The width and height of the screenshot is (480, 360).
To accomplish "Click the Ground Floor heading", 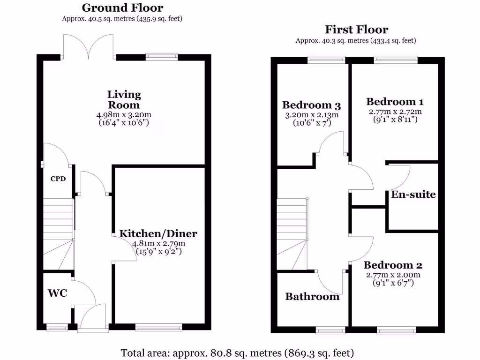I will [122, 8].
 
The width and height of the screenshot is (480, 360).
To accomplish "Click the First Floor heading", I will [356, 30].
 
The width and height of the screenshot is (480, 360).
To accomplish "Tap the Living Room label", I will [124, 99].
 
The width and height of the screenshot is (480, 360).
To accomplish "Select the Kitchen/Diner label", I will [158, 233].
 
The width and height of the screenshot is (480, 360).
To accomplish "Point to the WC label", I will [57, 293].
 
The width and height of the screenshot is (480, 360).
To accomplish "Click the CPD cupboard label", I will [58, 179].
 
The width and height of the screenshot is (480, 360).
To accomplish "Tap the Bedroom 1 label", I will [391, 102].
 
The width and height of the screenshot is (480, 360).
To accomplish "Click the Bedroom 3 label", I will [311, 105].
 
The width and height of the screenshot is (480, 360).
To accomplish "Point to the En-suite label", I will [413, 195].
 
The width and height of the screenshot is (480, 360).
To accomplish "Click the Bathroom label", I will [312, 297].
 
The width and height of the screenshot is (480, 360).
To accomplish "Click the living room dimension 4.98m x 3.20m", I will [124, 115].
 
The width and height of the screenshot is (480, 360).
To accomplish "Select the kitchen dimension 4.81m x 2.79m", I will [158, 244].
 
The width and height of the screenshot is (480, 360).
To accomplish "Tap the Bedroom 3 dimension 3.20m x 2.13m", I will [311, 115].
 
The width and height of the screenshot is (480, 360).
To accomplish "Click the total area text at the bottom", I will [237, 352].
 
